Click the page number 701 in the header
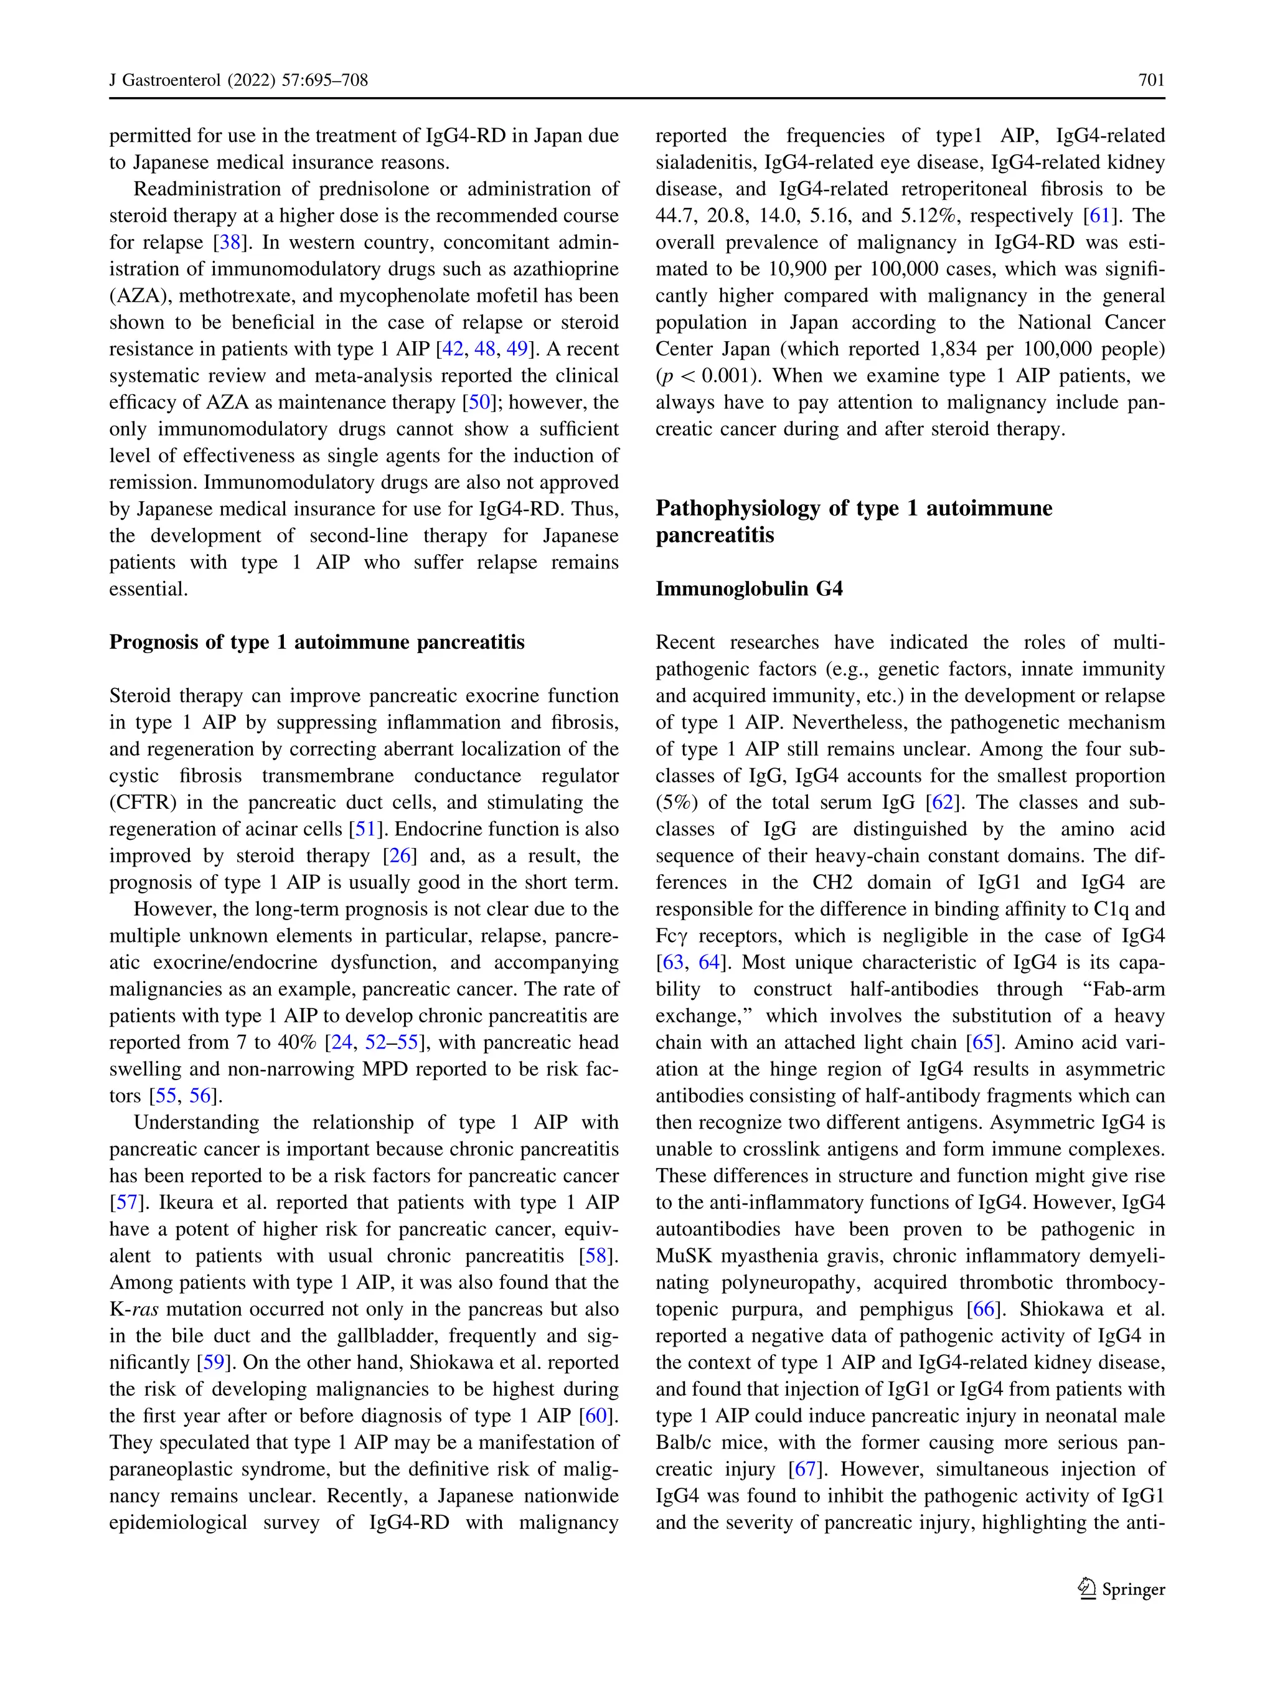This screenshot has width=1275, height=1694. pyautogui.click(x=1151, y=80)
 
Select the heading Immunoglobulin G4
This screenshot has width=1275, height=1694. pyautogui.click(x=749, y=588)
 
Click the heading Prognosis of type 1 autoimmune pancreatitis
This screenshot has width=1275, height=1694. pyautogui.click(x=317, y=642)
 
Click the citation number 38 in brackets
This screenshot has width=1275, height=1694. pyautogui.click(x=230, y=243)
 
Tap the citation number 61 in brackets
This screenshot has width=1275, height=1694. pyautogui.click(x=1099, y=216)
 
